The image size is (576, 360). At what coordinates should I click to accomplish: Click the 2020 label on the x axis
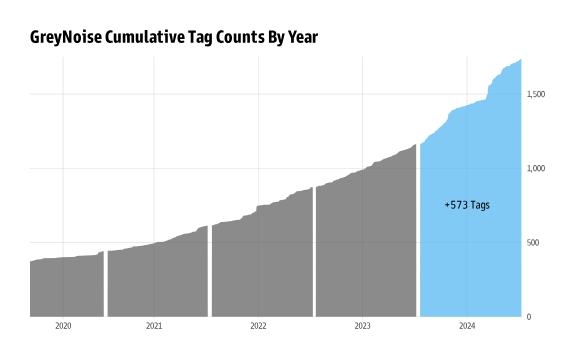tap(63, 326)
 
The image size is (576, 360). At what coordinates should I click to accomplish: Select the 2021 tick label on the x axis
tap(154, 326)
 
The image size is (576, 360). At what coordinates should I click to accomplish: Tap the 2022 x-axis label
tap(258, 326)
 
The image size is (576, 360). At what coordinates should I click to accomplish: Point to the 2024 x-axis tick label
tap(466, 326)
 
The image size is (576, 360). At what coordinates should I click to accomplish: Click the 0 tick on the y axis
tap(528, 317)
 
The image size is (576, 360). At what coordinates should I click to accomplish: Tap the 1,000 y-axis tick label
tap(535, 169)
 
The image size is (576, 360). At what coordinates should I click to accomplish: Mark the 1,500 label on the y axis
tap(535, 94)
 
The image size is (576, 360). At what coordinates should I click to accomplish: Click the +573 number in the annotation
tap(456, 205)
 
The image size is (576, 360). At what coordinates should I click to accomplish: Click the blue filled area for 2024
tap(470, 260)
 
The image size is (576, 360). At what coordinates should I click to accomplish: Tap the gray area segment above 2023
tap(365, 250)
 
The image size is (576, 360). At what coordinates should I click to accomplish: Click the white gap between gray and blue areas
tap(418, 250)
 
